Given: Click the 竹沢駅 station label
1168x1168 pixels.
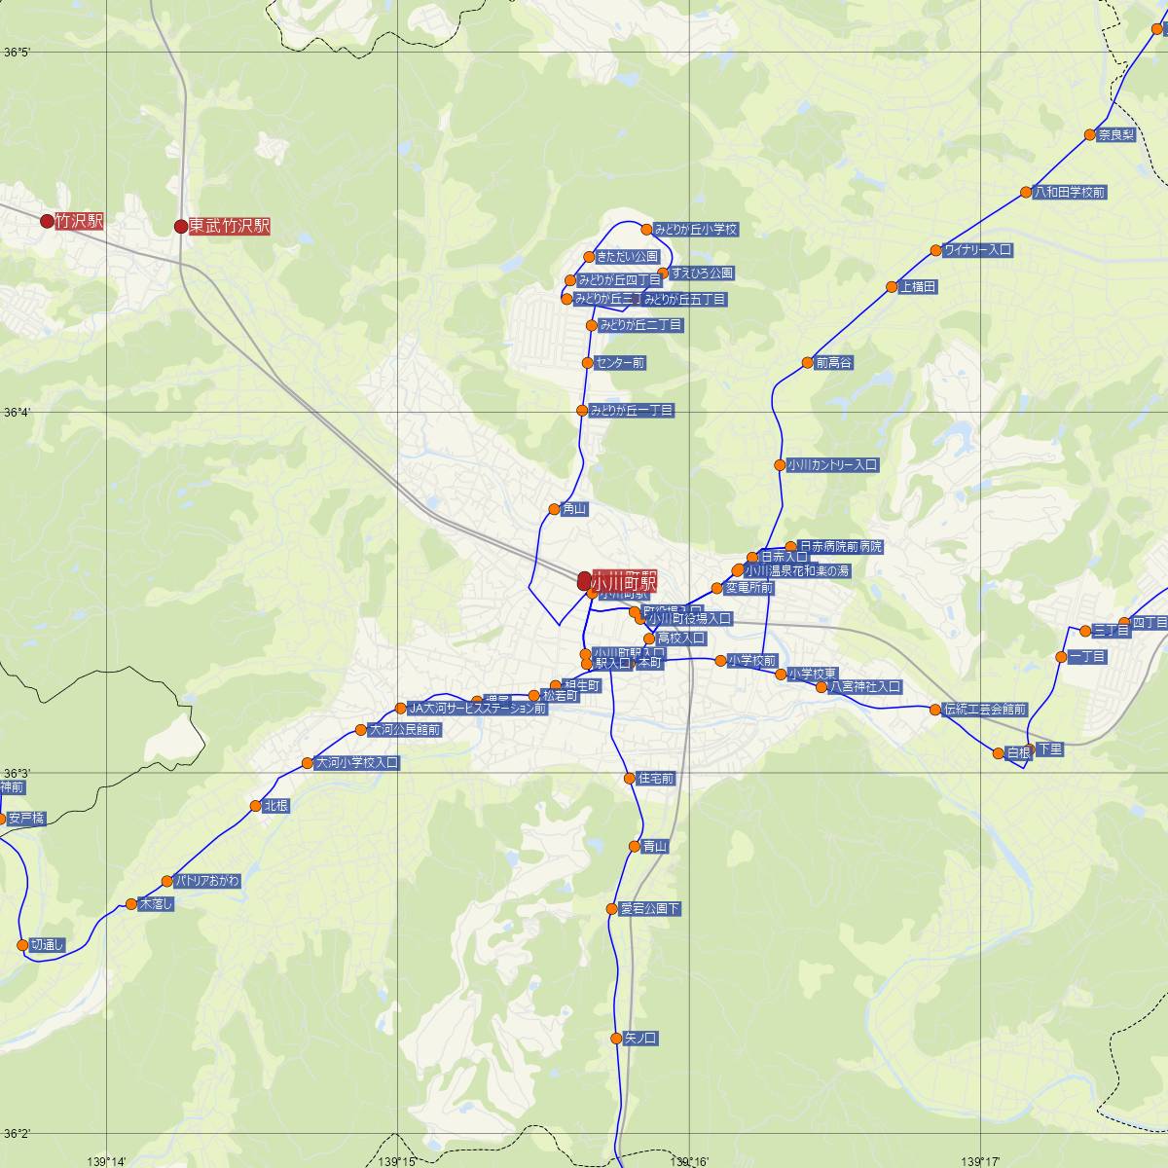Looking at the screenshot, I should click(79, 221).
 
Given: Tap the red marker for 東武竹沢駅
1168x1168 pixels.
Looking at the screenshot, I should click(180, 227).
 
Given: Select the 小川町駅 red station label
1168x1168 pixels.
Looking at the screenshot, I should click(624, 581).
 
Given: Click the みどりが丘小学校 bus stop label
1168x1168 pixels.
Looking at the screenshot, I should click(696, 230).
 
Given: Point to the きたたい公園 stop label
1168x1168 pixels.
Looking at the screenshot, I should click(627, 257).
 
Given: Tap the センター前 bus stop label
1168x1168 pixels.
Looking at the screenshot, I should click(620, 363).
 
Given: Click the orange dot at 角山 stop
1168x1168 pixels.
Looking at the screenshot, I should click(554, 509).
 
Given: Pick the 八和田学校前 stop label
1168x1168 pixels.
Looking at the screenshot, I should click(1070, 193).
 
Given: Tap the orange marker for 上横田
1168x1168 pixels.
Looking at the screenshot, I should click(892, 287).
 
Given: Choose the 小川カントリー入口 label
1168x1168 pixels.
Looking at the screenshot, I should click(833, 465).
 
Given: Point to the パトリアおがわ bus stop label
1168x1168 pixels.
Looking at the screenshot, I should click(206, 881).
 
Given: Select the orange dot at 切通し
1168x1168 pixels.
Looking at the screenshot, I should click(21, 944).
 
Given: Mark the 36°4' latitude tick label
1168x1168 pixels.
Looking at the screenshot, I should click(18, 413).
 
